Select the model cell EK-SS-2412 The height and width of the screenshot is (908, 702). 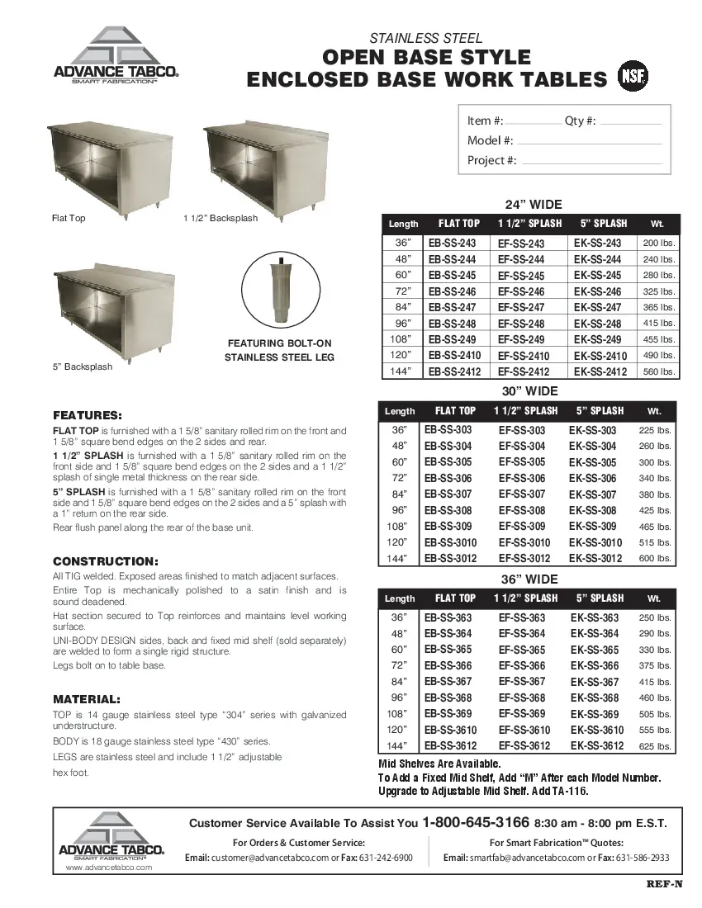click(x=600, y=371)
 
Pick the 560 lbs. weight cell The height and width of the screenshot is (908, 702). click(x=659, y=372)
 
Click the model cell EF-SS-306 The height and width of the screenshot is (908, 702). click(x=521, y=479)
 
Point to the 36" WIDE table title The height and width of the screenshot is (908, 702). click(x=529, y=579)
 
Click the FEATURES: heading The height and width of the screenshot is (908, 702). click(x=88, y=414)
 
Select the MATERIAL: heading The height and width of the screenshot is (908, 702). click(x=87, y=698)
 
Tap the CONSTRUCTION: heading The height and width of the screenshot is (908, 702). click(x=106, y=560)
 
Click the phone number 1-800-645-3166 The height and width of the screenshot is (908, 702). click(x=475, y=823)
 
